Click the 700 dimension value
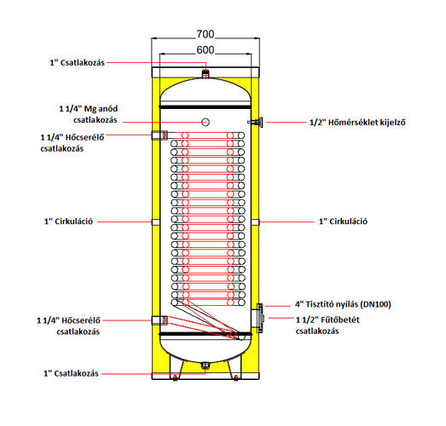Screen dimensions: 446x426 tap(205, 34)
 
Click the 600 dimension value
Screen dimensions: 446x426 tap(205, 50)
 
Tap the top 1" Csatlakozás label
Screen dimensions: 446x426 tap(78, 62)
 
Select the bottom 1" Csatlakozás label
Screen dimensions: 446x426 tap(71, 373)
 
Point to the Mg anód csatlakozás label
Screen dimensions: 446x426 tap(89, 114)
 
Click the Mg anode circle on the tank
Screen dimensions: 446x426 tap(206, 122)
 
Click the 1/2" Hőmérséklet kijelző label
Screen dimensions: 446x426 tap(357, 123)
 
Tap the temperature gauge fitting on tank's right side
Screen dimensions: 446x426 tap(256, 122)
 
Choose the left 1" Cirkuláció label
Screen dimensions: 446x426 tap(68, 222)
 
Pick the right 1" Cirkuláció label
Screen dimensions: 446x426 tap(344, 222)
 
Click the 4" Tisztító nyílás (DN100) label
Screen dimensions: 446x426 tap(343, 304)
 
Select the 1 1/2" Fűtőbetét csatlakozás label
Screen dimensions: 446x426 tap(327, 325)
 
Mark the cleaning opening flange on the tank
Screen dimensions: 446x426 tap(260, 318)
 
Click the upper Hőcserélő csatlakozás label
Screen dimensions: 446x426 tap(72, 143)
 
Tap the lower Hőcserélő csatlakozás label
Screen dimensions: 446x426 tap(68, 326)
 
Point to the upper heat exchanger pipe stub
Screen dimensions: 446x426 tap(159, 135)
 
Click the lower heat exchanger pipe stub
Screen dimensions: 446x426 tap(159, 320)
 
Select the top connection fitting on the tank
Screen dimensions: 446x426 tap(206, 74)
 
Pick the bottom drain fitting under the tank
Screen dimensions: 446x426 tap(206, 366)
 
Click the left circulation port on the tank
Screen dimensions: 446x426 tap(155, 222)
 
